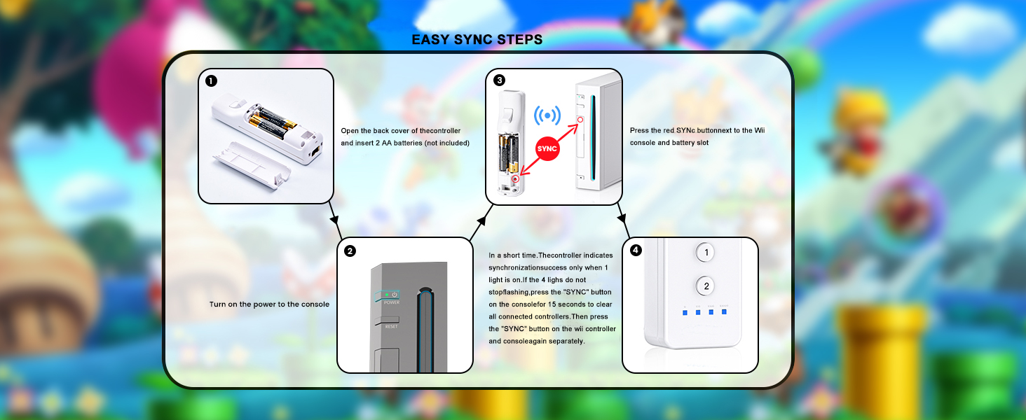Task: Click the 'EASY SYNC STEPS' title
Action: pos(477,40)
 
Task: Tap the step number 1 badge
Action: pos(211,81)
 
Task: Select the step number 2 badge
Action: pos(350,251)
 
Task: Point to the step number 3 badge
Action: pos(499,80)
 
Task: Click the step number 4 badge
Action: pos(636,250)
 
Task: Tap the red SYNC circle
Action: pos(547,148)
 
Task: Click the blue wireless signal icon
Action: pos(547,115)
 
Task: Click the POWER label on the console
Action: pos(392,302)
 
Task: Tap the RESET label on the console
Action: pos(391,327)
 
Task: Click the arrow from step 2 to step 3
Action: pos(481,222)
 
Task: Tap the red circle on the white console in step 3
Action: pos(580,120)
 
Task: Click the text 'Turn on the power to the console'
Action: pos(269,304)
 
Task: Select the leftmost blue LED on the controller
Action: pos(685,312)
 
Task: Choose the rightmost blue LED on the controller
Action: pos(724,312)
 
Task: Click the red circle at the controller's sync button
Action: pos(515,178)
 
